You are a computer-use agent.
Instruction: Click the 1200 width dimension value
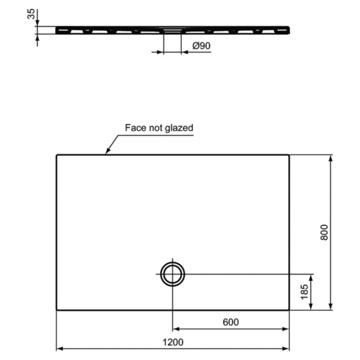(172, 341)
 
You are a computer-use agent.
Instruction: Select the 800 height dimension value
(325, 233)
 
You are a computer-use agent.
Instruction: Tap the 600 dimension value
(230, 322)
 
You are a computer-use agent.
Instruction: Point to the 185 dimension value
(304, 292)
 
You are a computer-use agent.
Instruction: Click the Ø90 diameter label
(202, 46)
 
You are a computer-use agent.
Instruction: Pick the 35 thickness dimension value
(31, 14)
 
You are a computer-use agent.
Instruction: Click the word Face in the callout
(135, 128)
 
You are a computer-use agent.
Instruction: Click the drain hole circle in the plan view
(173, 274)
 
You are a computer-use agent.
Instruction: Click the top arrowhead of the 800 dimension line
(331, 158)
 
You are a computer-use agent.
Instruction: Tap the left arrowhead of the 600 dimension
(176, 329)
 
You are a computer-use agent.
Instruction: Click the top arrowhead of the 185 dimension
(311, 277)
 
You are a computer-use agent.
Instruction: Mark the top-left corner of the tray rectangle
(56, 155)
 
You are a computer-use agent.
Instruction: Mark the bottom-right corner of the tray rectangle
(289, 310)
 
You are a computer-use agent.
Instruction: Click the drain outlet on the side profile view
(172, 30)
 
